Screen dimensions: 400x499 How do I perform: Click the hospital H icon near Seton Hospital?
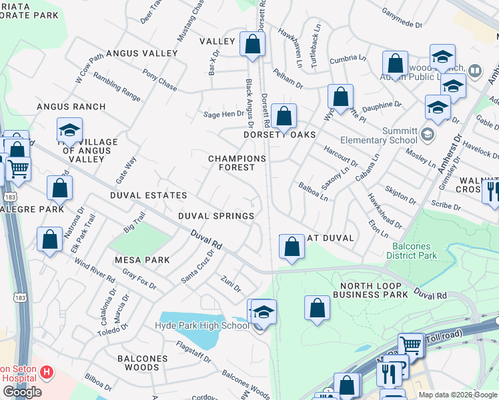pos(47,371)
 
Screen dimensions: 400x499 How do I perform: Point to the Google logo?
pos(22,392)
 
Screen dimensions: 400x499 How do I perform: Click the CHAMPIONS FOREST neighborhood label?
pos(237,163)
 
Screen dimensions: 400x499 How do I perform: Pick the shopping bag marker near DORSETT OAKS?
pos(284,115)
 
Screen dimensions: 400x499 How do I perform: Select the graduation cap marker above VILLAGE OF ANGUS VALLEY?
pos(69,131)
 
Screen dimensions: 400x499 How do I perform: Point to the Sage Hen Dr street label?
pos(224,114)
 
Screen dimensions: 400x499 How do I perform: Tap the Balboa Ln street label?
pos(313,192)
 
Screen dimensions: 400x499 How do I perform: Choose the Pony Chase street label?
pos(159,82)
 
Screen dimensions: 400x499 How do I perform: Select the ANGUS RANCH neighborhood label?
pos(71,107)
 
